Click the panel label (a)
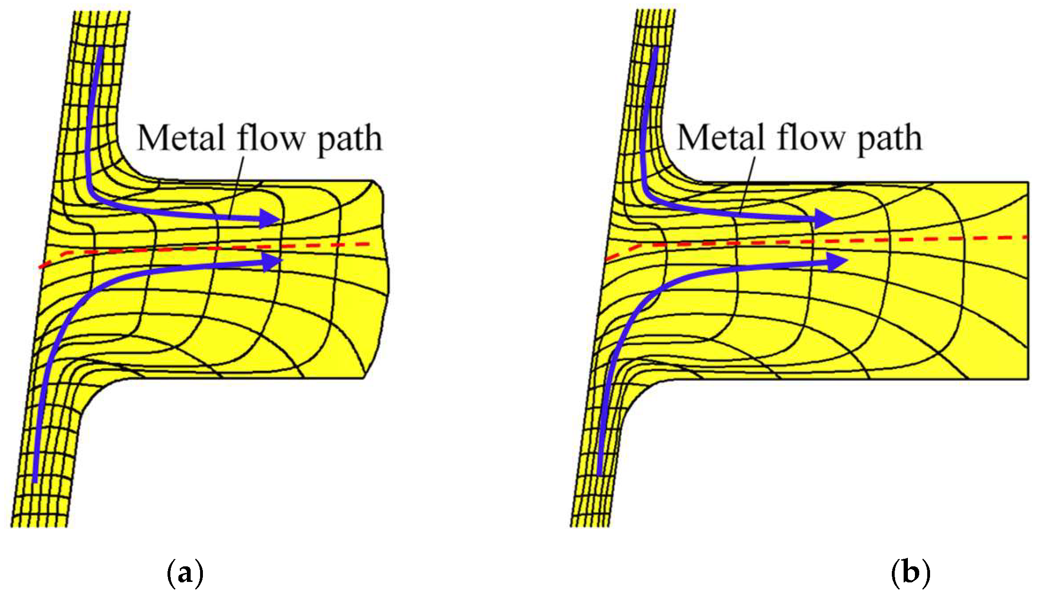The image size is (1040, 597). [185, 573]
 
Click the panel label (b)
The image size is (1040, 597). [910, 573]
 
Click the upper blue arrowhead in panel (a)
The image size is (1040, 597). [271, 218]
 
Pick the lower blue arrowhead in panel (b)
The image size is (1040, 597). [838, 261]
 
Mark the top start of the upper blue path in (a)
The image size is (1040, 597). [100, 49]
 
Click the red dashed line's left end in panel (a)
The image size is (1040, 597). [42, 266]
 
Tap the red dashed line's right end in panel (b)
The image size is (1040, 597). [1025, 237]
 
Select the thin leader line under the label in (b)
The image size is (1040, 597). [746, 186]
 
